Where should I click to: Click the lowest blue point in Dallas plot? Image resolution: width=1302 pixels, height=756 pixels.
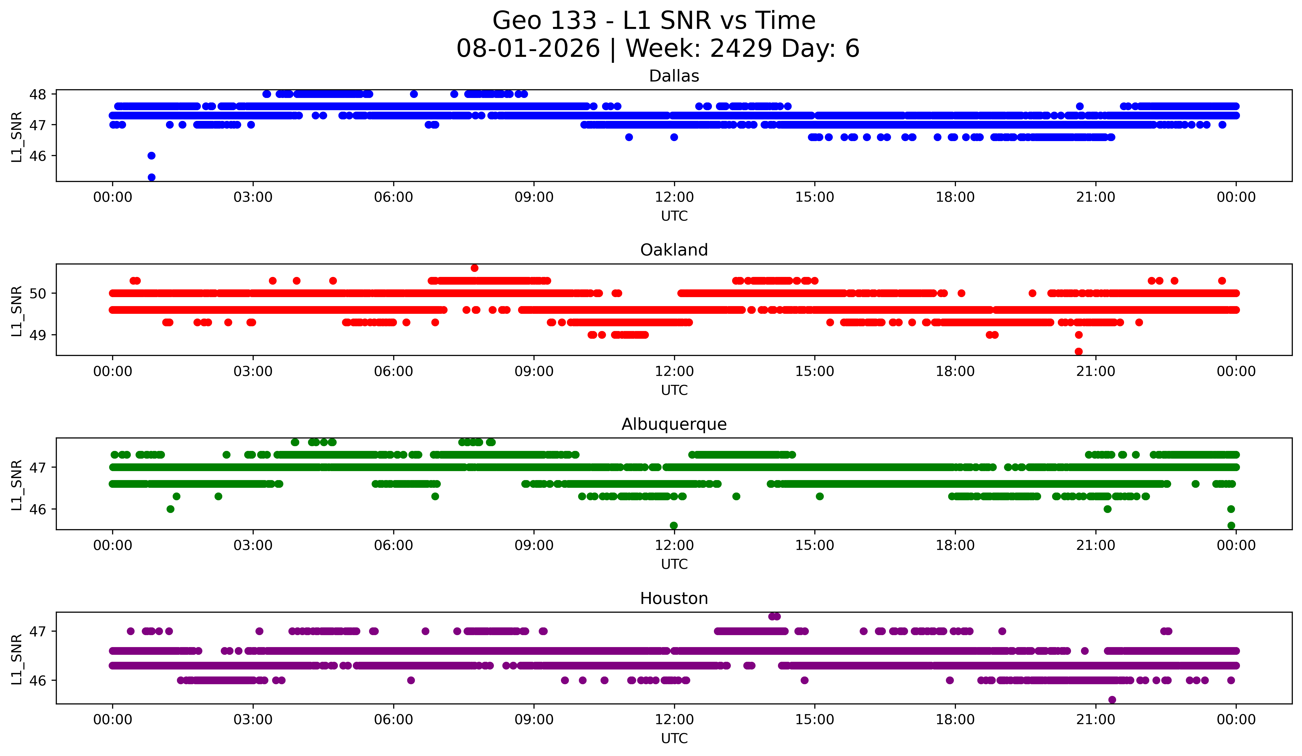point(152,177)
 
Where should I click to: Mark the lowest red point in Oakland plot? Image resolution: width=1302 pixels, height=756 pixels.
point(1078,351)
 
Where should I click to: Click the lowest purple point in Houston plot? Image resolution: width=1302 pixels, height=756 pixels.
point(1112,700)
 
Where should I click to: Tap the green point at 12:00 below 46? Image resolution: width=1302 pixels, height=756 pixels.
point(674,525)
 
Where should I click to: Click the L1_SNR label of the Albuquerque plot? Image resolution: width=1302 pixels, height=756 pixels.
point(16,485)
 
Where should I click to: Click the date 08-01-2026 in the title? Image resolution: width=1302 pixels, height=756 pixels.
point(528,49)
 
